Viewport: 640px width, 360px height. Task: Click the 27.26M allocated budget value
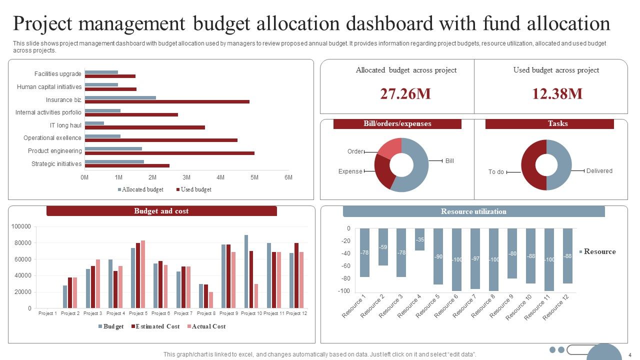click(405, 93)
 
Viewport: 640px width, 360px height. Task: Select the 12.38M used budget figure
click(557, 93)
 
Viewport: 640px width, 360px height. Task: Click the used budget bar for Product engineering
click(169, 153)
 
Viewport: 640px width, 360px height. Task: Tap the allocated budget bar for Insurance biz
click(120, 97)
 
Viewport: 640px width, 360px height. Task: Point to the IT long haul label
click(65, 125)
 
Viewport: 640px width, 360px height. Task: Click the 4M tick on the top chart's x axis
click(220, 177)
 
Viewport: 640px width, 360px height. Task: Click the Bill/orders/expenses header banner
click(397, 123)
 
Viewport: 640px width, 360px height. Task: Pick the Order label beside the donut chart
click(355, 151)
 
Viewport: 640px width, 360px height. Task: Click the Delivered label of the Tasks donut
click(599, 171)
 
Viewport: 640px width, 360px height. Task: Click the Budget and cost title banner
click(161, 211)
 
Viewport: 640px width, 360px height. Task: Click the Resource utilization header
click(473, 211)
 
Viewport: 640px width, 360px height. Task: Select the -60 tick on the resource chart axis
click(345, 266)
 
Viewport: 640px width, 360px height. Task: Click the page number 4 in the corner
click(630, 355)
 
